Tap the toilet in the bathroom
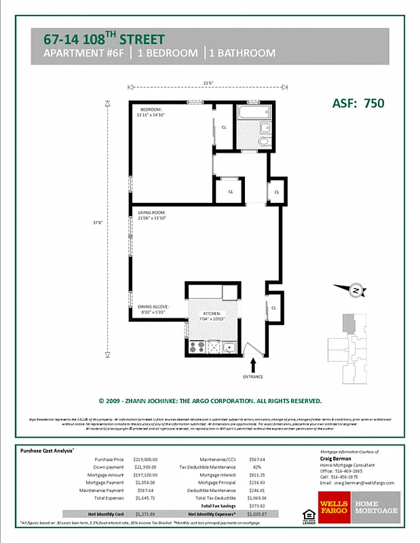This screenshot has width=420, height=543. point(263,141)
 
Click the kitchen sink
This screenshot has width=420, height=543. point(229,348)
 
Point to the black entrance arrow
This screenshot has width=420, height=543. point(252,367)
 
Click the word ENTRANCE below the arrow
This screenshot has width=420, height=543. point(252,377)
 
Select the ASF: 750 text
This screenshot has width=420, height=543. point(358,103)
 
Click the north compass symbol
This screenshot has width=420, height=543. point(354,291)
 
